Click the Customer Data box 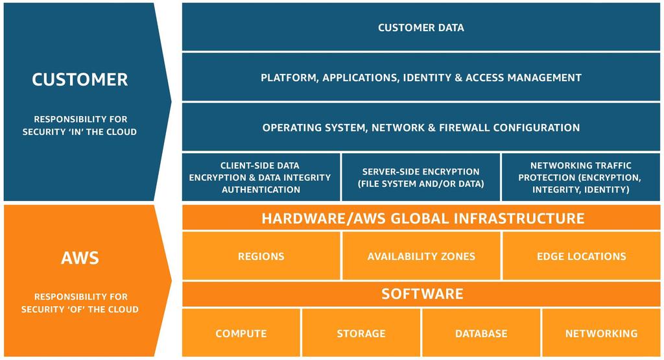pyautogui.click(x=421, y=27)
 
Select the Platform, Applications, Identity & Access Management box pyautogui.click(x=421, y=77)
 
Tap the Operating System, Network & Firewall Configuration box pyautogui.click(x=421, y=127)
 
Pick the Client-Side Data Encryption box pyautogui.click(x=261, y=177)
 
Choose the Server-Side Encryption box pyautogui.click(x=421, y=177)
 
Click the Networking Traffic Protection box pyautogui.click(x=581, y=177)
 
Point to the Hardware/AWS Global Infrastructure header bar pyautogui.click(x=421, y=218)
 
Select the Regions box pyautogui.click(x=261, y=256)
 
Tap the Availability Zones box pyautogui.click(x=421, y=256)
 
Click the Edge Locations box pyautogui.click(x=581, y=256)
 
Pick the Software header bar pyautogui.click(x=421, y=294)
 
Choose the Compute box pyautogui.click(x=241, y=333)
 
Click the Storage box pyautogui.click(x=361, y=333)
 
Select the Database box pyautogui.click(x=481, y=333)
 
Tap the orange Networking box pyautogui.click(x=601, y=333)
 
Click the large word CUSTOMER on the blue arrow pyautogui.click(x=80, y=80)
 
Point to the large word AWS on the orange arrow pyautogui.click(x=80, y=258)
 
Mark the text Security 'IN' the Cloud pyautogui.click(x=80, y=132)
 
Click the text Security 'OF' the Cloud pyautogui.click(x=80, y=309)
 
